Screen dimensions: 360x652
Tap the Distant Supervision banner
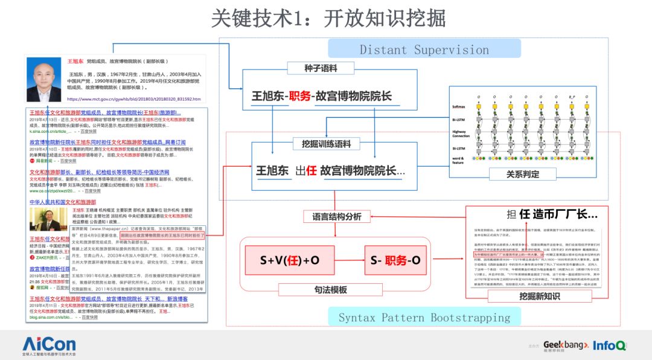[x=424, y=50]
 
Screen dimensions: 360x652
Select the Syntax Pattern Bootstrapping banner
[x=424, y=317]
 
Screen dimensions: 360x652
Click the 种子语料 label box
[x=320, y=68]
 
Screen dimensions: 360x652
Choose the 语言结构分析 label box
[x=337, y=216]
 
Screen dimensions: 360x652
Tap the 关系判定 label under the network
[x=522, y=174]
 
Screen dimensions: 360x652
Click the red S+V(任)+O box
[x=289, y=260]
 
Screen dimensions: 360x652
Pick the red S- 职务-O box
[x=395, y=260]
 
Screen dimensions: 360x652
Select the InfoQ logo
[x=609, y=345]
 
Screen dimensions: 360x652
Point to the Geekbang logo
[x=564, y=345]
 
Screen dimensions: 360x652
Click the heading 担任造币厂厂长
[x=552, y=214]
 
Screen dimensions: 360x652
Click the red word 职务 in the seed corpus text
[x=299, y=96]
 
